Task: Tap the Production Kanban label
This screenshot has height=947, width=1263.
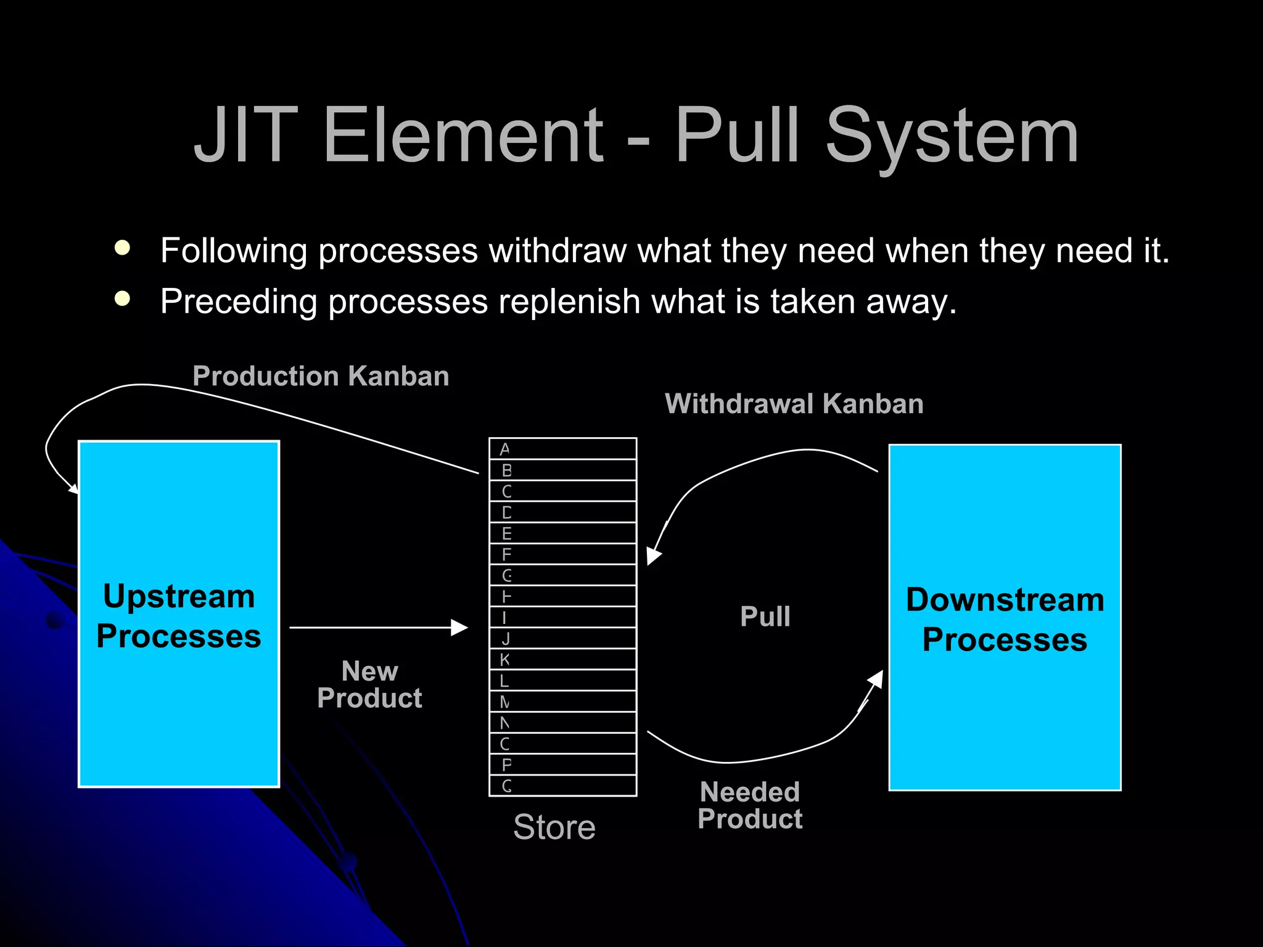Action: coord(321,376)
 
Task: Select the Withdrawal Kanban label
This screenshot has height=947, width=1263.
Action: coord(794,404)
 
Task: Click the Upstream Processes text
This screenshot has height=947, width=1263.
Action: coord(179,616)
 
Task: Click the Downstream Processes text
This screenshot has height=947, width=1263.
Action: coord(1005,619)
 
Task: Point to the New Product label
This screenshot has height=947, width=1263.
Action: coord(369,684)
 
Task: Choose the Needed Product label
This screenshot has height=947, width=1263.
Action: coord(750,805)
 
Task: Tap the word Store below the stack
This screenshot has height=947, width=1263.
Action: coord(554,827)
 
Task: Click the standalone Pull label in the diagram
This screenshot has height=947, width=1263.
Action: coord(765,617)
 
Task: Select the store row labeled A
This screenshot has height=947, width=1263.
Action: coord(562,449)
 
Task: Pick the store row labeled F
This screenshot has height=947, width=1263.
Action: coord(562,554)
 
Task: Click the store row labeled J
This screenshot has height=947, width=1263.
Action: coord(562,638)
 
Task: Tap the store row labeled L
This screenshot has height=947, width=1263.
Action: coord(562,681)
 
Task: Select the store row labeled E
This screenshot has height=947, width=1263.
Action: coord(562,533)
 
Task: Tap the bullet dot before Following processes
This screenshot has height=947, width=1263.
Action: coord(123,248)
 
